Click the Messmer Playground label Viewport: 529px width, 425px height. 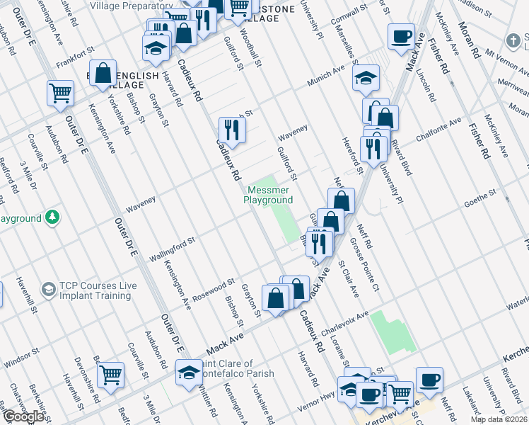click(x=268, y=195)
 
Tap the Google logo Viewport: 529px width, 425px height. click(x=24, y=416)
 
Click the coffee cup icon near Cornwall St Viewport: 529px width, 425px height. click(x=401, y=37)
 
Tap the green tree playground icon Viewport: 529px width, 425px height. click(x=52, y=217)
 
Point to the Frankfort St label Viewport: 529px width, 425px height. click(x=76, y=57)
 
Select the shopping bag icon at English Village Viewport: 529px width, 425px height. click(x=103, y=73)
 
